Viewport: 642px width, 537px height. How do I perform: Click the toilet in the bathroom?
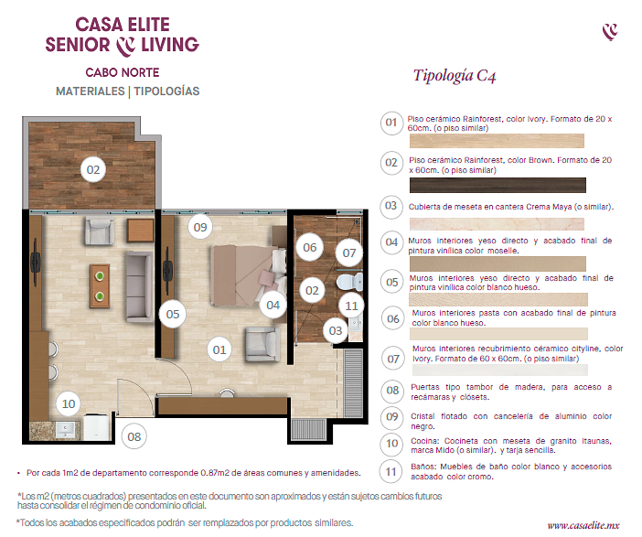point(350,282)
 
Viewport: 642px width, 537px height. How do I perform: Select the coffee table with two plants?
point(100,285)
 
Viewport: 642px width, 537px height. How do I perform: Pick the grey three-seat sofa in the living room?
point(139,286)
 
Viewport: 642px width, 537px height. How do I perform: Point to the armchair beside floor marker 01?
point(262,344)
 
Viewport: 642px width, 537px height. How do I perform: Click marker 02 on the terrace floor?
point(93,169)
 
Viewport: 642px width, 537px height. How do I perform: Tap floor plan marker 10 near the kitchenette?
point(69,403)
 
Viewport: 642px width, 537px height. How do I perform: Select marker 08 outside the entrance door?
point(134,437)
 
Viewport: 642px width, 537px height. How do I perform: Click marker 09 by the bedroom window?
point(200,227)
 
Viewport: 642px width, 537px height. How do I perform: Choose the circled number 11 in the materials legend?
point(391,472)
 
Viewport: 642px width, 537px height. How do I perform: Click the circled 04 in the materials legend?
point(391,242)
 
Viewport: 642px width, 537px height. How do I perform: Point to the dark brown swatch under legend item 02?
point(498,185)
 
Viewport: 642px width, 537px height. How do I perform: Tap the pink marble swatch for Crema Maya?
point(497,224)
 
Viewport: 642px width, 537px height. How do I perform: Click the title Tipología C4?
point(455,76)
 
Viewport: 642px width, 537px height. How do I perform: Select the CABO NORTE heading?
point(123,72)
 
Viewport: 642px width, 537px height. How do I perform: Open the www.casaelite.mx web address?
point(583,525)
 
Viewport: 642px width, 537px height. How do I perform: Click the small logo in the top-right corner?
point(610,32)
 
